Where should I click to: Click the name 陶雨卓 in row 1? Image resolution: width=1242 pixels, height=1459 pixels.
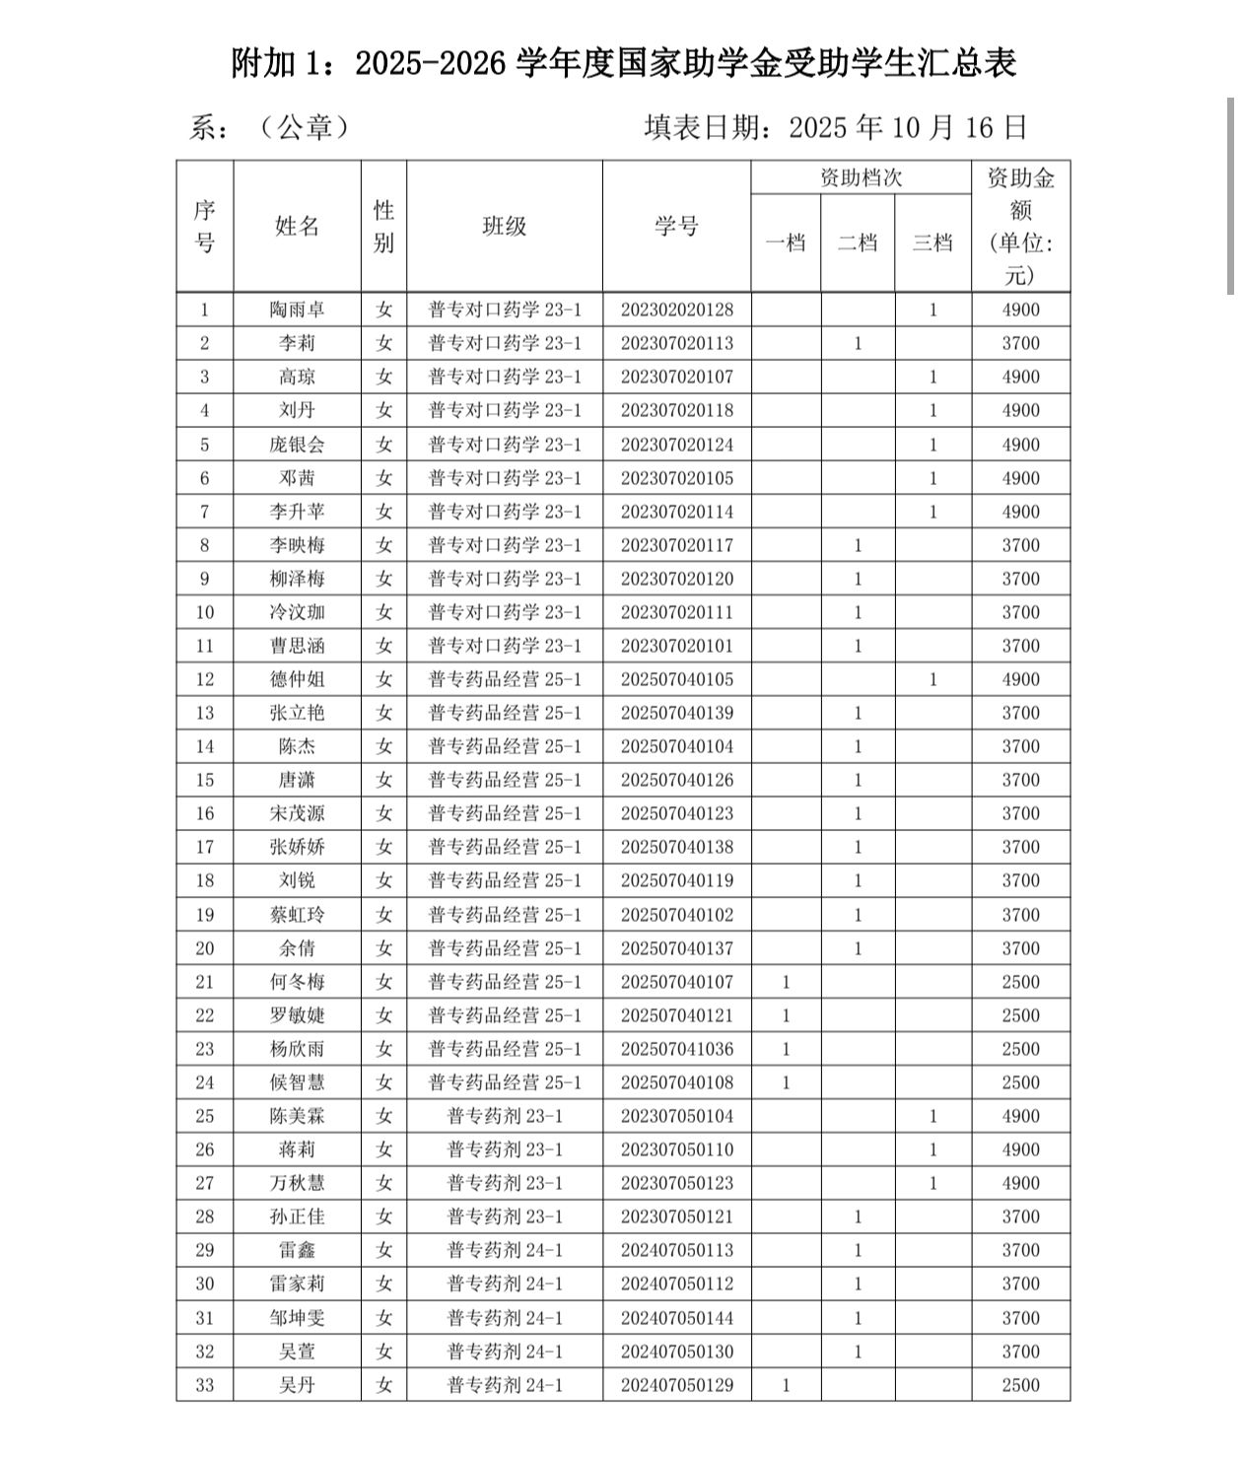pos(297,310)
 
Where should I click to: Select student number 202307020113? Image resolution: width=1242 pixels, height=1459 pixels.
pos(677,343)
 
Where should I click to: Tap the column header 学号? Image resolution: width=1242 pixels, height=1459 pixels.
pos(677,226)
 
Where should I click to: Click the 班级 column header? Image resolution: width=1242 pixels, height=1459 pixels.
pos(504,226)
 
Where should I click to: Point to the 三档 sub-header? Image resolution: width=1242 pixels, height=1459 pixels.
pos(932,243)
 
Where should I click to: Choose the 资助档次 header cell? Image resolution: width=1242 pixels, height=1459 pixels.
pos(861,177)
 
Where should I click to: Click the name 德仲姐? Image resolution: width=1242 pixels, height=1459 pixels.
pos(297,679)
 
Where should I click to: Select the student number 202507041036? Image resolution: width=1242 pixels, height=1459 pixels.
pos(677,1049)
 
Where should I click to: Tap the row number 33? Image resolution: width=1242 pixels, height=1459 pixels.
pos(204,1385)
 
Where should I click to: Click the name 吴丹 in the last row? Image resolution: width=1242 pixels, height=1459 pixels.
pos(297,1385)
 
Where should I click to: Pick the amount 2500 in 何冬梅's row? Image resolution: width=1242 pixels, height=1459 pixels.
pos(1020,982)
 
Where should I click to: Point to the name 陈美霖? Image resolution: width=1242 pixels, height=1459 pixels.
pos(297,1116)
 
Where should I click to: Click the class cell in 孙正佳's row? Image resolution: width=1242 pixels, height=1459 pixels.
pos(504,1216)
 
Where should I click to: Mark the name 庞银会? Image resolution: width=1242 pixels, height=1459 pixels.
pos(297,445)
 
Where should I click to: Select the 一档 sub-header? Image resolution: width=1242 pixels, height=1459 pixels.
pos(786,243)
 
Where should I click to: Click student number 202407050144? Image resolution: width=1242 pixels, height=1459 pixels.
pos(677,1318)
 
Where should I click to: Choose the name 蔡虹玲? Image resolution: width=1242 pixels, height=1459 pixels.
pos(297,915)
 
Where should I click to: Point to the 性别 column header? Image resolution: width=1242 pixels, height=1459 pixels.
pos(383,226)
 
